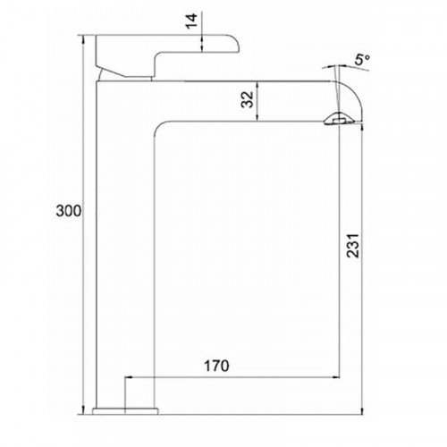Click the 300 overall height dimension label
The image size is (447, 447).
[x=69, y=211]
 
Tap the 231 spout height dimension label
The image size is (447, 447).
[x=353, y=246]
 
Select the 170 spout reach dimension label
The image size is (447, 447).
[x=216, y=366]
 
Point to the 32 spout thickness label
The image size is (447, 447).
[x=248, y=99]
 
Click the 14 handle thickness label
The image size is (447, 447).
[x=191, y=21]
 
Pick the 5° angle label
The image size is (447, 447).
[x=362, y=60]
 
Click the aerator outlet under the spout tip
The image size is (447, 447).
[x=339, y=120]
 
